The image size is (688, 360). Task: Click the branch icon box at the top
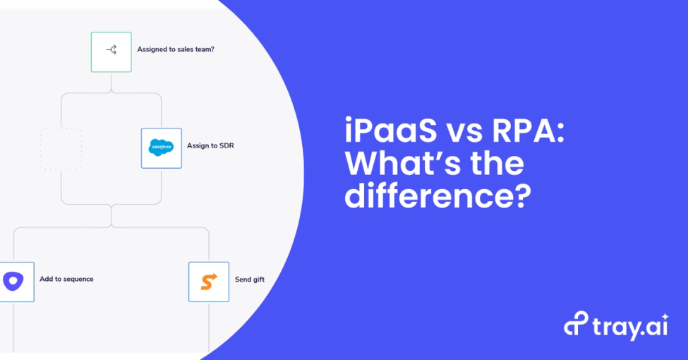point(111,52)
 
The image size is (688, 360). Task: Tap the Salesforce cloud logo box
point(161,148)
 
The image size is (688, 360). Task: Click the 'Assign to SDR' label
point(210,146)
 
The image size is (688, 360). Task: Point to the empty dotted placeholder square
point(61,148)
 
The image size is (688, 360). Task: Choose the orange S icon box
point(208,282)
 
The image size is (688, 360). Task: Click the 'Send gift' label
point(250,280)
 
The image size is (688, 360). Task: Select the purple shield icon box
point(14,282)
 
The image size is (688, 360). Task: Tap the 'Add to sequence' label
point(66,279)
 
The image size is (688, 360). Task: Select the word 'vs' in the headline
point(459,133)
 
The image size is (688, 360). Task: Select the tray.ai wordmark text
point(621,325)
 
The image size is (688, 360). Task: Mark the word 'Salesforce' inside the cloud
point(161,148)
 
